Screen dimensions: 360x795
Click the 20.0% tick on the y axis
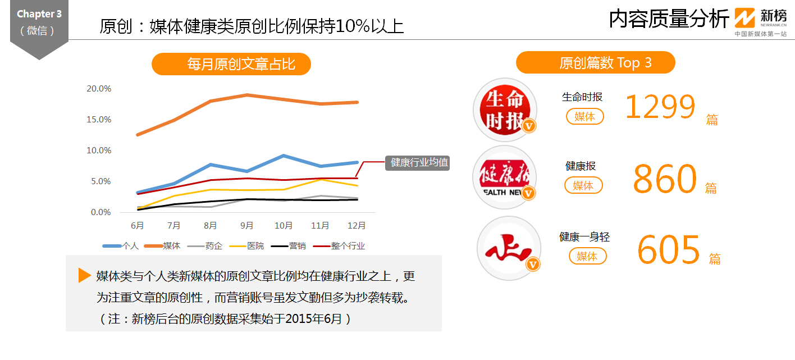point(99,89)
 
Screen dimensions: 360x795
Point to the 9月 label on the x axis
point(247,226)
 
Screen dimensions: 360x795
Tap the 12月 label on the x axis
point(357,226)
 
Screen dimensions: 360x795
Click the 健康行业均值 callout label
point(417,163)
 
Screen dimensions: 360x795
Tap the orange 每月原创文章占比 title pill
point(231,64)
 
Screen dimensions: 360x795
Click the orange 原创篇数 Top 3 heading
point(595,62)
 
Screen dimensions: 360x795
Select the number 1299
point(660,107)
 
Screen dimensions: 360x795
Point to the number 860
point(664,178)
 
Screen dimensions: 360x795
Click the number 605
point(669,249)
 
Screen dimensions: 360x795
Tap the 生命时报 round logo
point(505,110)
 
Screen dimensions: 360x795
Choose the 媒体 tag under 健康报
point(583,185)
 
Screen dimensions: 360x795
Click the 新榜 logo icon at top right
point(746,18)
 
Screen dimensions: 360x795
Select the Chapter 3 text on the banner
point(39,14)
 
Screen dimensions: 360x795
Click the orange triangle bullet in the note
point(85,275)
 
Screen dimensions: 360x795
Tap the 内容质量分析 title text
point(669,19)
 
